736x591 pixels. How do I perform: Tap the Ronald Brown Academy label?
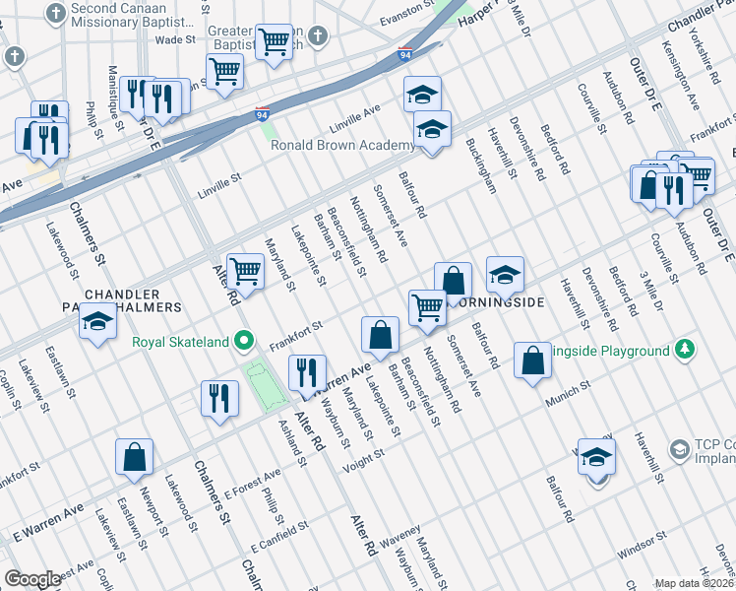pyautogui.click(x=342, y=146)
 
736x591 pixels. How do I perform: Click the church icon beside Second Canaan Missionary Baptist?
pyautogui.click(x=59, y=14)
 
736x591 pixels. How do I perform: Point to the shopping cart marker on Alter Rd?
pyautogui.click(x=244, y=271)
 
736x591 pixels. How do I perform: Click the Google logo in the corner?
pyautogui.click(x=32, y=579)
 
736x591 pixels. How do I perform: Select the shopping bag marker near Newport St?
pyautogui.click(x=134, y=457)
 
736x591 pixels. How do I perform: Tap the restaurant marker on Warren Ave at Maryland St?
pyautogui.click(x=306, y=372)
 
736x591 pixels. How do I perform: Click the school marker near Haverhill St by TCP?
pyautogui.click(x=596, y=457)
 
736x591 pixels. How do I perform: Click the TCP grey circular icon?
pyautogui.click(x=679, y=449)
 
